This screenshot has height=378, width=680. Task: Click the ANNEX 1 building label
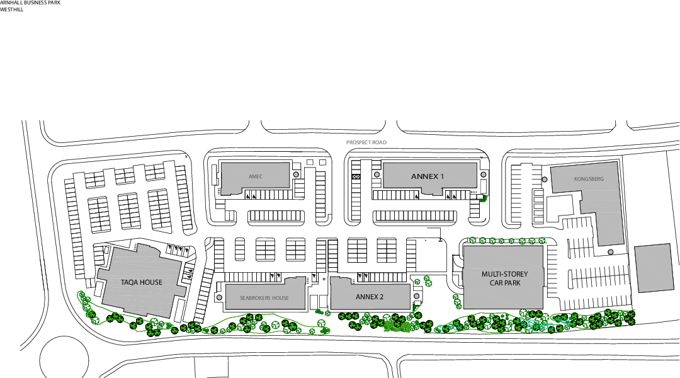[x=428, y=176]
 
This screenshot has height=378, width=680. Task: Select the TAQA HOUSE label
[x=142, y=283]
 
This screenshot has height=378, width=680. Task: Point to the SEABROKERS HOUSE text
[x=264, y=298]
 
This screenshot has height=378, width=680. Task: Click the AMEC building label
[x=255, y=176]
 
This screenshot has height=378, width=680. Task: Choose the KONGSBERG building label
[x=589, y=179]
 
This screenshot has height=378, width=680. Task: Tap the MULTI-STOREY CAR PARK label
[x=504, y=278]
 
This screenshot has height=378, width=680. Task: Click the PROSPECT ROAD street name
[x=366, y=142]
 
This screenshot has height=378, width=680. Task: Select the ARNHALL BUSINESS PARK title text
[x=30, y=3]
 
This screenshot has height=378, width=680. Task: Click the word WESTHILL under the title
[x=12, y=10]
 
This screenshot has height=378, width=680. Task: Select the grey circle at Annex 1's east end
[x=483, y=175]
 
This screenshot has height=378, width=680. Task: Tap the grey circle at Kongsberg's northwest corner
[x=545, y=180]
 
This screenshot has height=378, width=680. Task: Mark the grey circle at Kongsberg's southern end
[x=610, y=252]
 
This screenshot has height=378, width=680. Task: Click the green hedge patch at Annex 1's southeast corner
[x=483, y=197]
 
